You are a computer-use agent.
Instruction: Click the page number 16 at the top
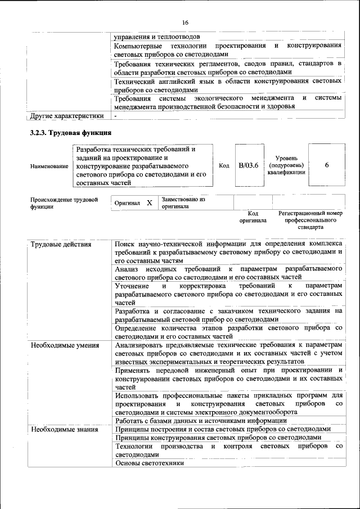click(185, 22)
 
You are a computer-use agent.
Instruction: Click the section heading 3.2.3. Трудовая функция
click(70, 133)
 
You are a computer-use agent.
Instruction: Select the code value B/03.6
click(248, 165)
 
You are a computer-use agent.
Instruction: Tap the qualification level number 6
click(327, 165)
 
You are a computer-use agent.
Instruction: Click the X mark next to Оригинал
click(149, 202)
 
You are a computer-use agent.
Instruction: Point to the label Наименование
click(49, 167)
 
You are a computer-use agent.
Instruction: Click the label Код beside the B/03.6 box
click(224, 165)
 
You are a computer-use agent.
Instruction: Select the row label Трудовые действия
click(61, 245)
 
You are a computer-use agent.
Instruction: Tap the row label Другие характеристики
click(66, 116)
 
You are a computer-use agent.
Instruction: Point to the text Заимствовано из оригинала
click(183, 202)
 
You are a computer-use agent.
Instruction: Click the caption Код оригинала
click(253, 217)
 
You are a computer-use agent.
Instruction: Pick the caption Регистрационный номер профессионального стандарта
click(310, 220)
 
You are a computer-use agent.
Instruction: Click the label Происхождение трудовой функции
click(64, 203)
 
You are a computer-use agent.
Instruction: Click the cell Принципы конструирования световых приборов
click(218, 438)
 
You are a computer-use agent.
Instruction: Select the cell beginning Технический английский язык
click(228, 85)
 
